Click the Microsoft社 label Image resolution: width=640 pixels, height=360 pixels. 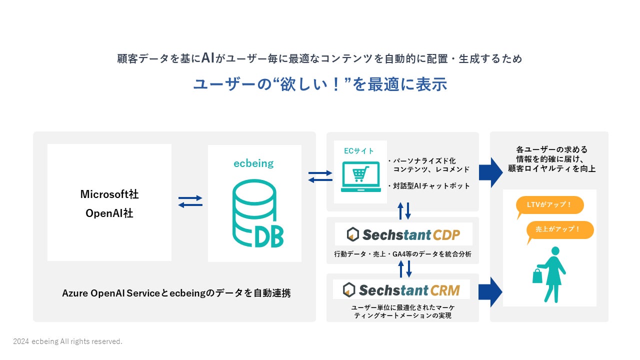109,194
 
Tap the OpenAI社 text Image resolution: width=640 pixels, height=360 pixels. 109,213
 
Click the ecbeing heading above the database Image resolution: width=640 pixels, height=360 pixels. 253,163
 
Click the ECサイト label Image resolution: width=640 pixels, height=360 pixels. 358,150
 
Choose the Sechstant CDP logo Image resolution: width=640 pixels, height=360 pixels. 403,234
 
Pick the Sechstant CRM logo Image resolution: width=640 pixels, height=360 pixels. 401,290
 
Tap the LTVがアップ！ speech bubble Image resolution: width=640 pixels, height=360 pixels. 549,205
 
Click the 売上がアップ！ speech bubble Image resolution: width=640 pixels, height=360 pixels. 559,230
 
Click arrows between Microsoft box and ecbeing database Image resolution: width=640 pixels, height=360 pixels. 190,201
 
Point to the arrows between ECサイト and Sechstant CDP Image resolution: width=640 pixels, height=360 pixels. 404,211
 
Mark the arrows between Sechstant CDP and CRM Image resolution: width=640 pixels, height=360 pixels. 404,268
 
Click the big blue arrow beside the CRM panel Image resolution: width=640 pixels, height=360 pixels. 490,291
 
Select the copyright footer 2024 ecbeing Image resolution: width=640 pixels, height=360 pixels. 67,341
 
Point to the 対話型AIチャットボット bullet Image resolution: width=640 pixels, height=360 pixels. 429,186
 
